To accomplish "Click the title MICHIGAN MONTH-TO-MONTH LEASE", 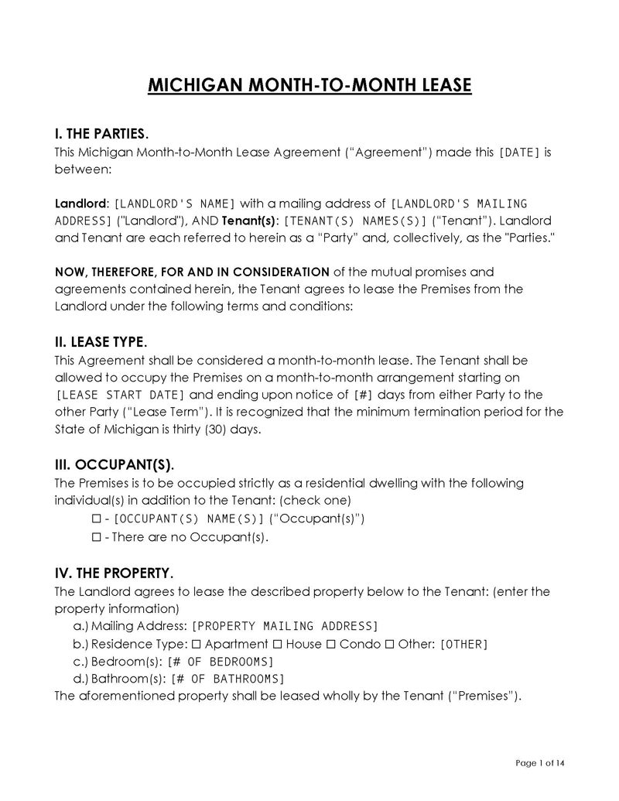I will coord(309,84).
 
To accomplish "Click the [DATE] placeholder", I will coord(519,152).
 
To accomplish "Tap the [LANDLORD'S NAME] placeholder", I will coord(174,204).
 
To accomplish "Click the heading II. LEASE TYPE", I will coord(100,342).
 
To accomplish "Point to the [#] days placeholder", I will coord(363,395).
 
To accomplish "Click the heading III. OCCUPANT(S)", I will coord(114,465).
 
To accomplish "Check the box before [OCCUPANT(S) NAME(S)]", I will coord(97,519).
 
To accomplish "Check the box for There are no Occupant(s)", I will coord(97,537).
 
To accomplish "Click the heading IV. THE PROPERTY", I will coord(113,573).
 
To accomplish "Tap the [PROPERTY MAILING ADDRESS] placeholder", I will coord(284,626).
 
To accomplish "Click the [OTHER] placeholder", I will coord(463,645).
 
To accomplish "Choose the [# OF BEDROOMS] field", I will coord(221,662).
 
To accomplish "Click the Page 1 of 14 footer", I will coord(540,764).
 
